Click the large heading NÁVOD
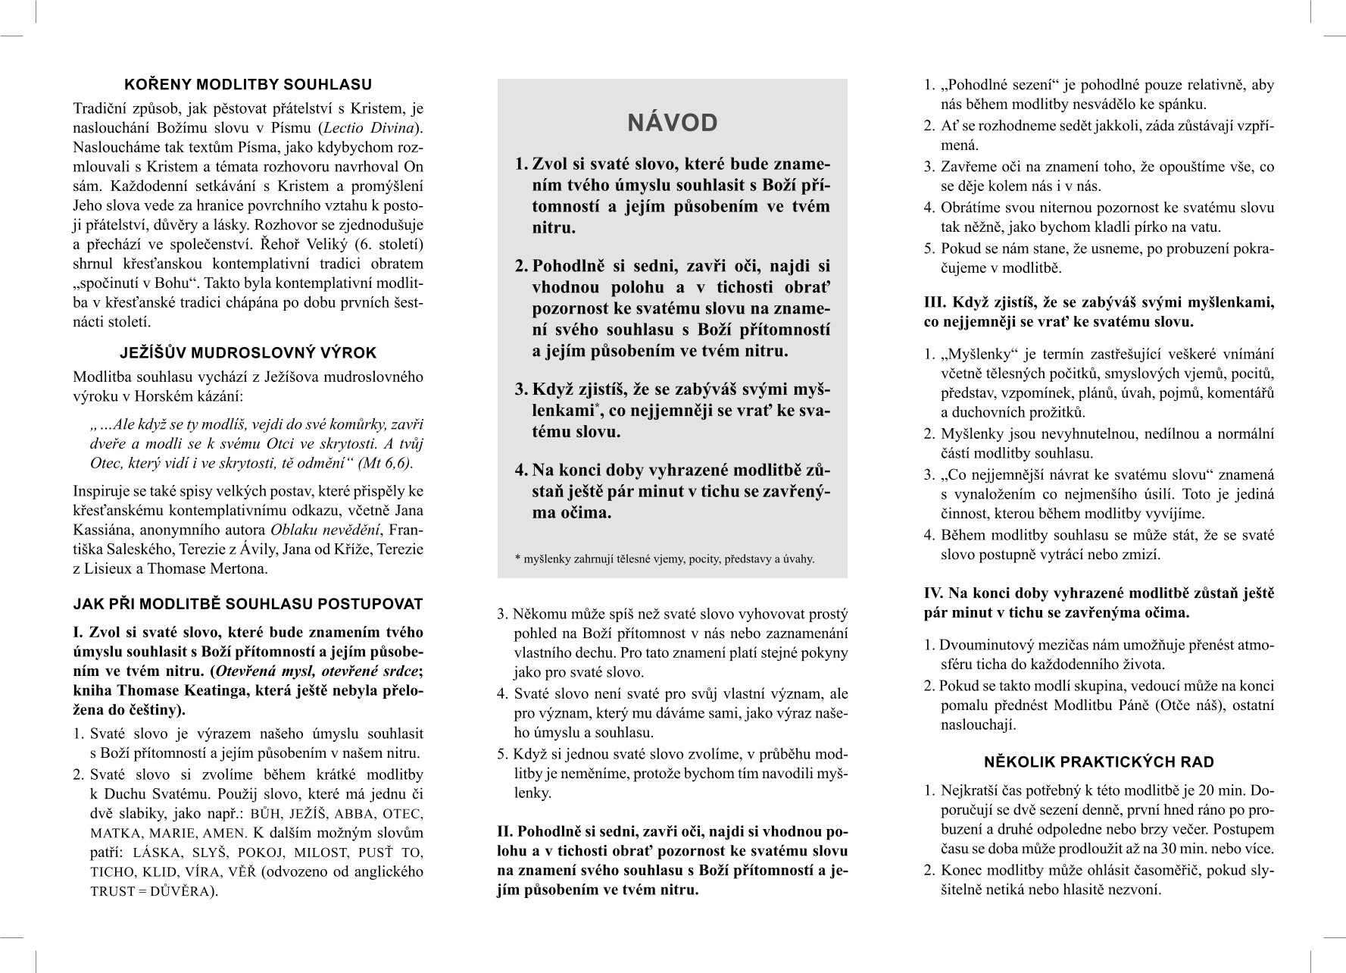point(673,124)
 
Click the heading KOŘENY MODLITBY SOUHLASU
point(248,84)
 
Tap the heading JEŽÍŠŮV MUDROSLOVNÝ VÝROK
point(248,353)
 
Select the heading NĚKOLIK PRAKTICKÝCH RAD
point(1099,762)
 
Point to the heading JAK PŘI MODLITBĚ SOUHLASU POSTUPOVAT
point(248,604)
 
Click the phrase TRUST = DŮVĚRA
point(151,891)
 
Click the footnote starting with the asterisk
point(664,559)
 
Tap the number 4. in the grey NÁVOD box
point(521,470)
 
